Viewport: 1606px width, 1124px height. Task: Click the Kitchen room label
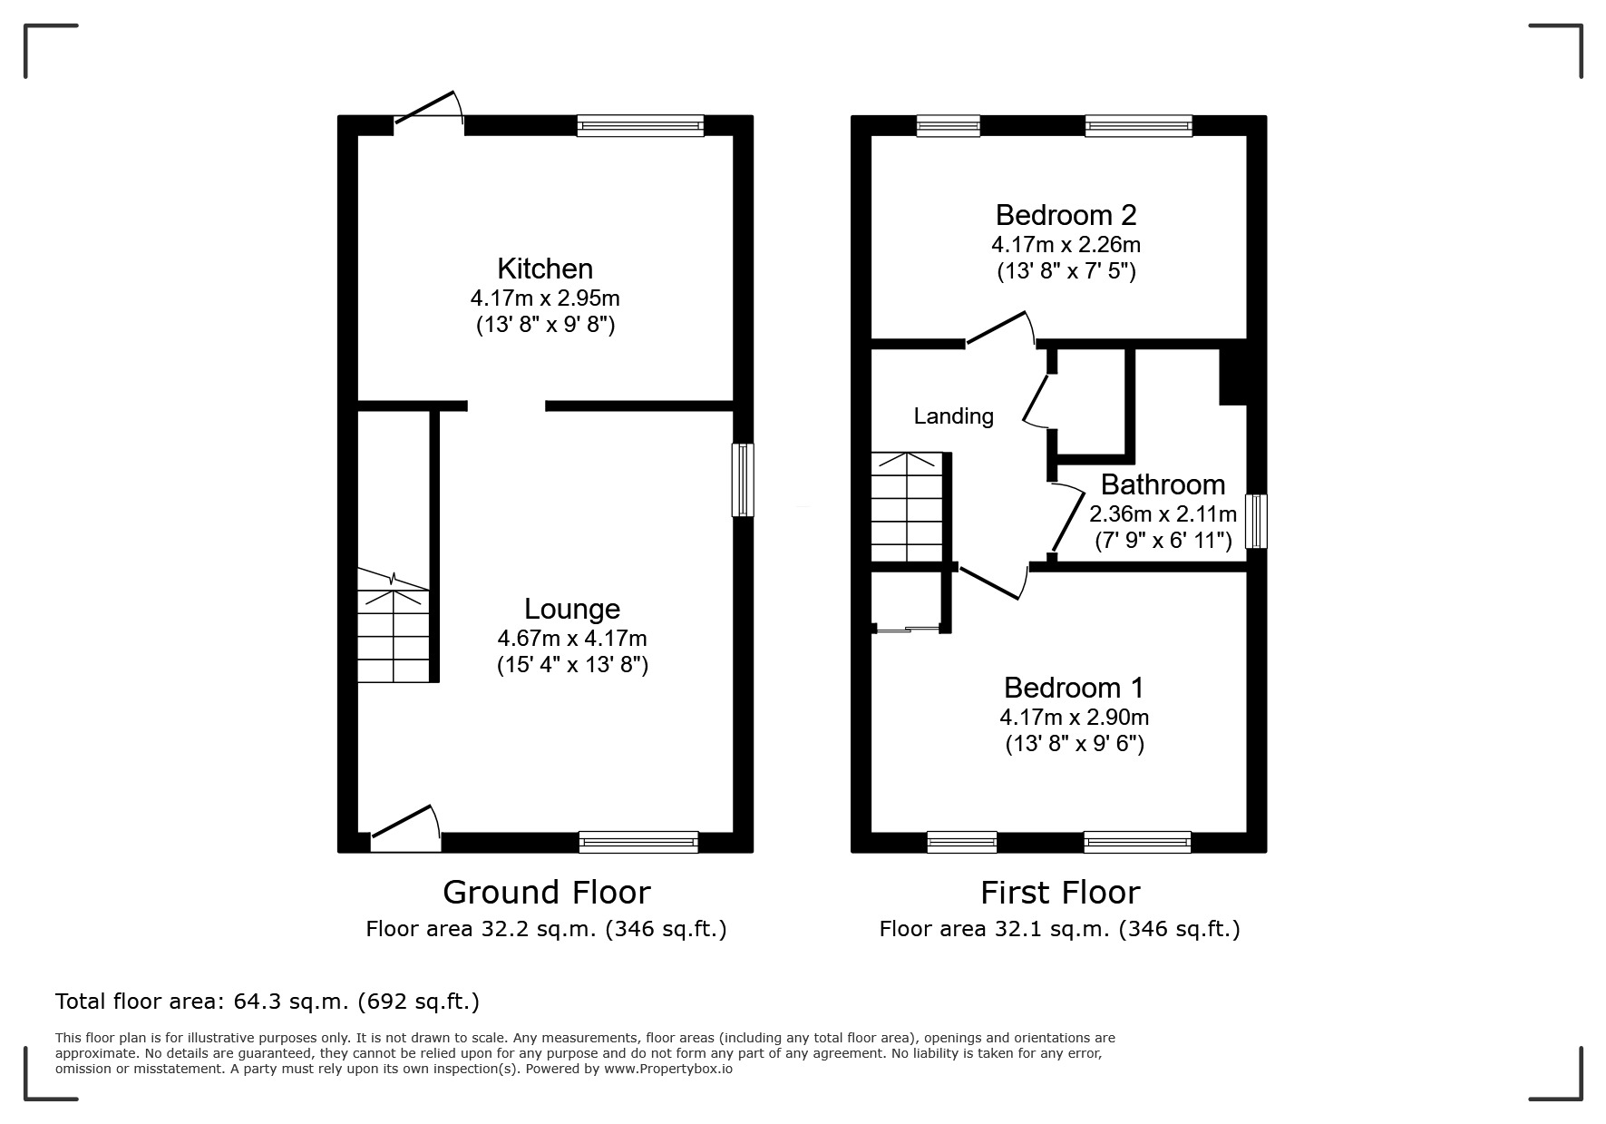(x=545, y=269)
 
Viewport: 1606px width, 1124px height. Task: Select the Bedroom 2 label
(x=1066, y=215)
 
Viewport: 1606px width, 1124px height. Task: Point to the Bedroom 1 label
(x=1074, y=688)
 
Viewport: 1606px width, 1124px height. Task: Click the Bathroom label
(x=1163, y=484)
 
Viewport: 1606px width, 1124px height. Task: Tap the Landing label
(x=953, y=416)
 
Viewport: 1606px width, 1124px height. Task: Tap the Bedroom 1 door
(x=993, y=581)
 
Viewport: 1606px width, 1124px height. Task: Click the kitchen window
(x=640, y=126)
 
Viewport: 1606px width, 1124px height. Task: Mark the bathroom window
(x=1256, y=522)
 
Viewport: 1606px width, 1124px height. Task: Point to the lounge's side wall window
(x=743, y=480)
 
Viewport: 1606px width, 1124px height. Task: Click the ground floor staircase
(x=394, y=625)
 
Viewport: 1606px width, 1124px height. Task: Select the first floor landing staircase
(x=907, y=507)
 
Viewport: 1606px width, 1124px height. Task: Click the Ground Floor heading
(x=547, y=893)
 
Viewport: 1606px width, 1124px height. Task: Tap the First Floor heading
(x=1060, y=893)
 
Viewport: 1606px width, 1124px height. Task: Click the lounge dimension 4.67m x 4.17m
(x=572, y=638)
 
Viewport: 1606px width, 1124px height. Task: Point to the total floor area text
(x=268, y=1002)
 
